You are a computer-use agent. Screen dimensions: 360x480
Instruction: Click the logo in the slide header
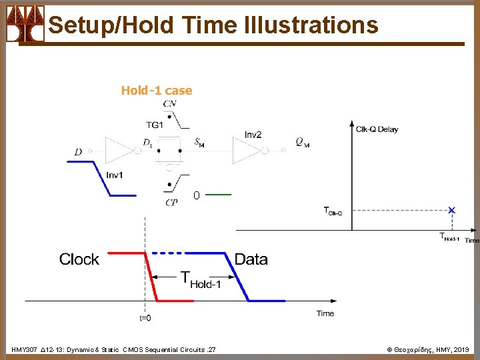point(25,23)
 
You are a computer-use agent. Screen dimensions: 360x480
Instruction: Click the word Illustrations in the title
point(311,25)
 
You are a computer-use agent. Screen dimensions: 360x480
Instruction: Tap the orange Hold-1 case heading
point(157,91)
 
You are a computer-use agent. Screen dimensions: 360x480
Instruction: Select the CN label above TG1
point(171,103)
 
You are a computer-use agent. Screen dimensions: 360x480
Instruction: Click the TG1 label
point(155,125)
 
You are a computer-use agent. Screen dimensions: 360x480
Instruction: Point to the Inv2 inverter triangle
point(246,151)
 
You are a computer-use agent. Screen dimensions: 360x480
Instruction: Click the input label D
point(79,152)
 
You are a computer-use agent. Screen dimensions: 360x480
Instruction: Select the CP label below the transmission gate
point(171,203)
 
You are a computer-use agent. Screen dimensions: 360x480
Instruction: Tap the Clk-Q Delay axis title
point(377,129)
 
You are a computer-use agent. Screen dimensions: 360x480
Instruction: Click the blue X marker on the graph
point(452,210)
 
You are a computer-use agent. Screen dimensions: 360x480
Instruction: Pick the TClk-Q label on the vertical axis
point(333,212)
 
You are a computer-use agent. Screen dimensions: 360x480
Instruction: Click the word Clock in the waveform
point(79,259)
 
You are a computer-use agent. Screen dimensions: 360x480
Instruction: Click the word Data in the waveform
point(251,259)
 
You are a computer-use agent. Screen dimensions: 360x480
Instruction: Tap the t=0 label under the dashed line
point(145,318)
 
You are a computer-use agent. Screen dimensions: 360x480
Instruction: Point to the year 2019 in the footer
point(462,349)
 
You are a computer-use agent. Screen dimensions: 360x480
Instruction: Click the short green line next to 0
point(219,195)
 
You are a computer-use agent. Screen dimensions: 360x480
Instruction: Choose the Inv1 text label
point(114,175)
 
